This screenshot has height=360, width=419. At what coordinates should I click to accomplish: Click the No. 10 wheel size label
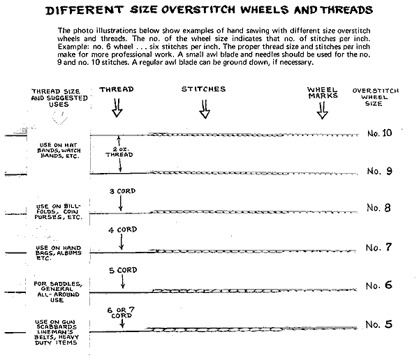click(379, 133)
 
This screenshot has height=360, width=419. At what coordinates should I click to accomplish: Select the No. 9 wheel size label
click(379, 171)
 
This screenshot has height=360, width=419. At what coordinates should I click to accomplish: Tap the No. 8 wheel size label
click(378, 208)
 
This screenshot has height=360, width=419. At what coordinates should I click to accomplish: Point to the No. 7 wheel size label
click(378, 247)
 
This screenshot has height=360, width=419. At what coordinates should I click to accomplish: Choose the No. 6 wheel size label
click(379, 285)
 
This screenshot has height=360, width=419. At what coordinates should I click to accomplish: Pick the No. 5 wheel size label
click(379, 324)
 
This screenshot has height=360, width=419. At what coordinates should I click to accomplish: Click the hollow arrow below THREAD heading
click(117, 107)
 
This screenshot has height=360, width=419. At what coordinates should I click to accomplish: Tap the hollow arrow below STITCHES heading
click(205, 109)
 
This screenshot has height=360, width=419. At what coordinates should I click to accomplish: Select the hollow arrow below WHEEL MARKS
click(322, 110)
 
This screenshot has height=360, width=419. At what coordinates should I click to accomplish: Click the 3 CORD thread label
click(122, 191)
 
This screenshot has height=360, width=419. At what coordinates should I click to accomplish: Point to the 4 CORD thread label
click(123, 230)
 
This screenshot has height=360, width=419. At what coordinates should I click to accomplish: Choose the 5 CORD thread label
click(123, 270)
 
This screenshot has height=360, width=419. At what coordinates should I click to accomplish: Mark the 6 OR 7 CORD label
click(121, 313)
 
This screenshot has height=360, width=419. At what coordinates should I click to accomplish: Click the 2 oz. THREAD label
click(119, 152)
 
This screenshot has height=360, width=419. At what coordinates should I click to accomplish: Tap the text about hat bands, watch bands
click(59, 151)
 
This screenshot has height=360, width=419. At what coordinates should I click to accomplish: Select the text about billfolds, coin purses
click(58, 212)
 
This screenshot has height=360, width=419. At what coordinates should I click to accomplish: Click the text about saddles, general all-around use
click(58, 292)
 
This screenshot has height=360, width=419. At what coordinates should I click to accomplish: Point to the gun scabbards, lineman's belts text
click(56, 332)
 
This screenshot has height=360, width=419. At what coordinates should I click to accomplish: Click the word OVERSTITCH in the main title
click(198, 10)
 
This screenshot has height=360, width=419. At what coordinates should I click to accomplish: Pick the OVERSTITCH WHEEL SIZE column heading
click(375, 97)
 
